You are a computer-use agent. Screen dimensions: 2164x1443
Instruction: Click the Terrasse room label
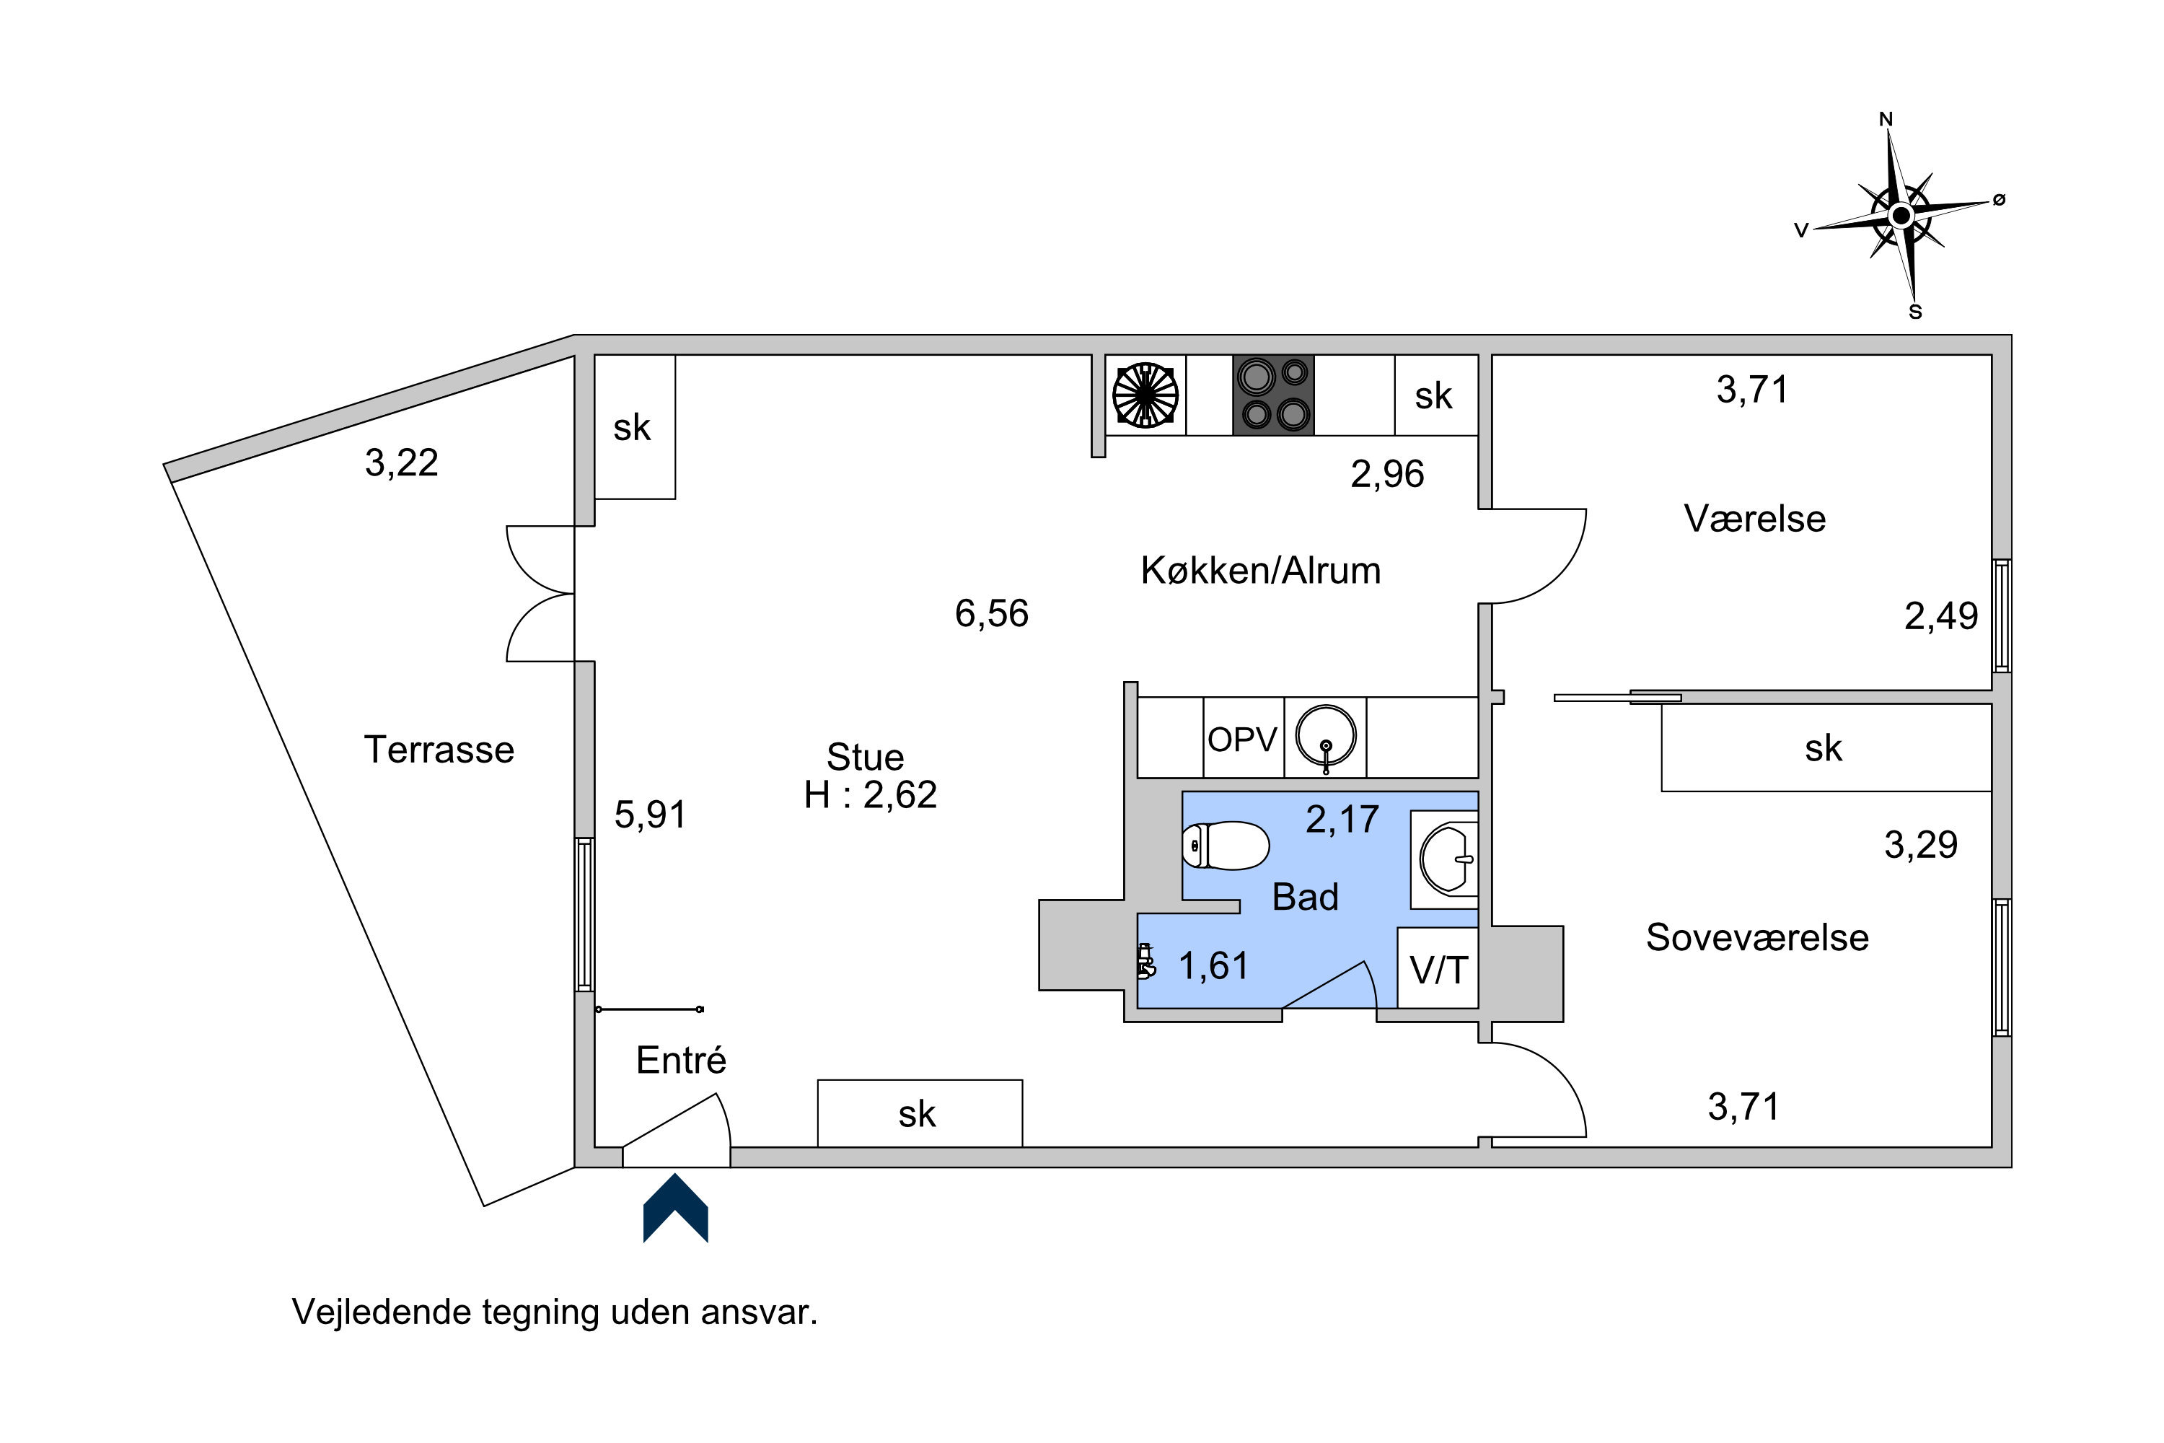coord(439,750)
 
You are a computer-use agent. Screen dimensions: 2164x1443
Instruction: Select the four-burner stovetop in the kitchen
coord(1273,395)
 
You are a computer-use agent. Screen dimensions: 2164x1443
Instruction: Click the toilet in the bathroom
coord(1226,845)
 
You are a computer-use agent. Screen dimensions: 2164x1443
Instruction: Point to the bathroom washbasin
coord(1447,859)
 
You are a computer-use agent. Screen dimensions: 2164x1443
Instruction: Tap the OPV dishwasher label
coord(1242,740)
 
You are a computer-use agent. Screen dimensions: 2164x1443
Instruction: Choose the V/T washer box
coord(1438,968)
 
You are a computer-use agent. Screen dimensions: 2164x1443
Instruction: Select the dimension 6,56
coord(992,614)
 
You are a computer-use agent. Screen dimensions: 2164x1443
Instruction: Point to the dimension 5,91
coord(651,815)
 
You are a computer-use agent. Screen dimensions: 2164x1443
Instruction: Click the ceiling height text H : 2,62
coord(871,795)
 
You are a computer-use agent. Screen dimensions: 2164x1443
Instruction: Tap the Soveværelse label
coord(1757,938)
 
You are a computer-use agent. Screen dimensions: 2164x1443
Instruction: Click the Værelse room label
coord(1754,519)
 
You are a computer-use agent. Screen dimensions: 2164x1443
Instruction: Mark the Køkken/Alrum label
coord(1260,571)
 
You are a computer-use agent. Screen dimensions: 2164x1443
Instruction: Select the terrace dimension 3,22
coord(401,463)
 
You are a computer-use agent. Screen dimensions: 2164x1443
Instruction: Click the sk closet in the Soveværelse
coord(1826,747)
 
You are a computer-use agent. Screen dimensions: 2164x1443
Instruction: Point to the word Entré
coord(681,1060)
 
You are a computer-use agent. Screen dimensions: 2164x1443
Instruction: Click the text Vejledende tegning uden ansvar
coord(555,1312)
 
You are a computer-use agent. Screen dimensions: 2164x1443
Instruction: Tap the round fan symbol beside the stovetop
coord(1145,395)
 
